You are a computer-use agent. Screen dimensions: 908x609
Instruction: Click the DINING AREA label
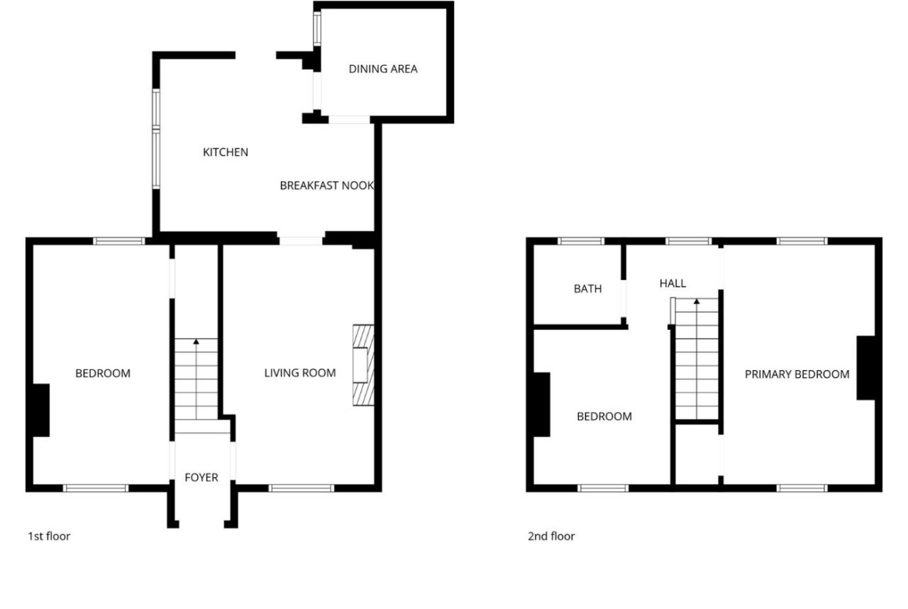383,69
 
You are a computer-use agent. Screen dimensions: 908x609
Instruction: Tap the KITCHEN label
225,152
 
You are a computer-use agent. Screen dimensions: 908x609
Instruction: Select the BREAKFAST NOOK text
327,186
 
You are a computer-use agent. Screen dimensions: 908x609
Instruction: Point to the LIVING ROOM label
300,373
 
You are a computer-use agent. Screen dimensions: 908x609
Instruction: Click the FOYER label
202,478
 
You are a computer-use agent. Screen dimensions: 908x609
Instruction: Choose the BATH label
587,289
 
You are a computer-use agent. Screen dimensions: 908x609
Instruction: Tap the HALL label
673,283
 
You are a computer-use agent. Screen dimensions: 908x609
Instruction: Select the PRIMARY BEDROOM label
797,375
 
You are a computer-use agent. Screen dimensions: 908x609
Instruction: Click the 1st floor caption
49,536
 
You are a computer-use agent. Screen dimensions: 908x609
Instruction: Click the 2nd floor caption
551,536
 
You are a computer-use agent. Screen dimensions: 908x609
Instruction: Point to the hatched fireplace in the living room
363,365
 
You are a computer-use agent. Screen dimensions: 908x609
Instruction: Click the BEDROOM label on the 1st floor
103,373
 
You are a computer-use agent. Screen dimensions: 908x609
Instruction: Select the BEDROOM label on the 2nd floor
604,417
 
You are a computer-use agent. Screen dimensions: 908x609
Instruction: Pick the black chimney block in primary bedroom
866,368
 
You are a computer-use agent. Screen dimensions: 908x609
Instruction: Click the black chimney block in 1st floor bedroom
40,410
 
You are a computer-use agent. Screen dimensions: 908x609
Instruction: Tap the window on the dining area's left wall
317,29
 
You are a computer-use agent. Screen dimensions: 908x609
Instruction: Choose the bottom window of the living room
302,489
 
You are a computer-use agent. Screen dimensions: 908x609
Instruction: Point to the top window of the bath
581,240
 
